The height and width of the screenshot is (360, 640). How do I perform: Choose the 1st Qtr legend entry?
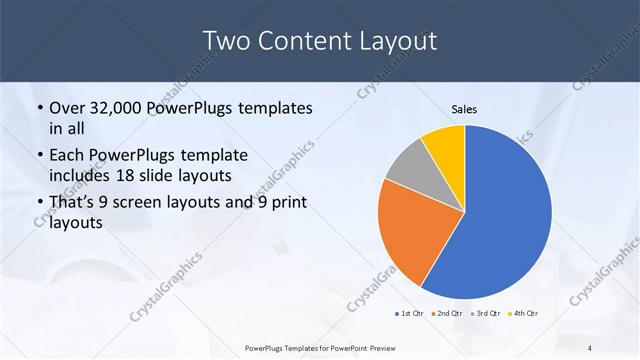[411, 313]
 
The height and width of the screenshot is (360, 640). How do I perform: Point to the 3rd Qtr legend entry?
[487, 313]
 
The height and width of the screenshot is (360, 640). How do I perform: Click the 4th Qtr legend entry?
[523, 313]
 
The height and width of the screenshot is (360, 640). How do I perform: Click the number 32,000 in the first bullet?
[121, 107]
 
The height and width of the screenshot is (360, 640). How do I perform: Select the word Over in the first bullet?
[67, 107]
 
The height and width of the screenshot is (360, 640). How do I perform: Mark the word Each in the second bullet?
[67, 156]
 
